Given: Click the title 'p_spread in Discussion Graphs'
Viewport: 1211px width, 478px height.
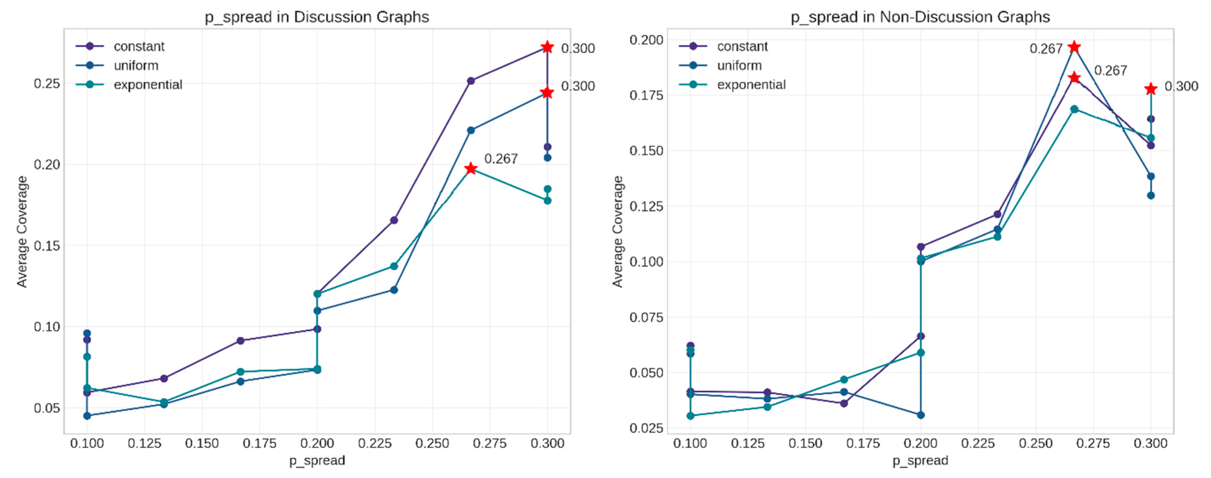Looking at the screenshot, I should [317, 17].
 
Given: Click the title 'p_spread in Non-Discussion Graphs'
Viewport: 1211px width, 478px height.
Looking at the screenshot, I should [920, 17].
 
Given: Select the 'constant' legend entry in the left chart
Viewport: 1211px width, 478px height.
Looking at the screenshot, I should [139, 46].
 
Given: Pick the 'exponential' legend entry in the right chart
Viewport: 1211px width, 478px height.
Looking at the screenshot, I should [751, 85].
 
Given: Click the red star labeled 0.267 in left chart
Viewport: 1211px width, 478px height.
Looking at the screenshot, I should [470, 169].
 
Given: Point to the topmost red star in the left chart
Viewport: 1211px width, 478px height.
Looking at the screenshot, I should [547, 47].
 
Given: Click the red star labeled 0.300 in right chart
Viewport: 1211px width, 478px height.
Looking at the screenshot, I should [1150, 88].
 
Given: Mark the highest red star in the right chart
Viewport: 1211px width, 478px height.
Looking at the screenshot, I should [1074, 47].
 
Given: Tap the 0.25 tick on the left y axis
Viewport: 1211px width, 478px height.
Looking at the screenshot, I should [47, 84].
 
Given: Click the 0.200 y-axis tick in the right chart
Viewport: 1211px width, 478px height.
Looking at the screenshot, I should [646, 40].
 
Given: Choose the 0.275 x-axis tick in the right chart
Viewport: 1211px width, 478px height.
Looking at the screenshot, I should [1093, 443].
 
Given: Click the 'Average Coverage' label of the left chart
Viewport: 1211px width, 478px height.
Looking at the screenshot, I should [21, 231].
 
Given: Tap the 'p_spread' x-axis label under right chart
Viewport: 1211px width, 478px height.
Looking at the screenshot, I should [920, 460].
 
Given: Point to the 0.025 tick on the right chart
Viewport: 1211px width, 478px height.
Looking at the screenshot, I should [646, 428].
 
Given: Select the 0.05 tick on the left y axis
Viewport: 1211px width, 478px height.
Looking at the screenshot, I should [47, 408].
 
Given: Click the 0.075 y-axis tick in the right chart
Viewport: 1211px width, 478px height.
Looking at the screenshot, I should [646, 317].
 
